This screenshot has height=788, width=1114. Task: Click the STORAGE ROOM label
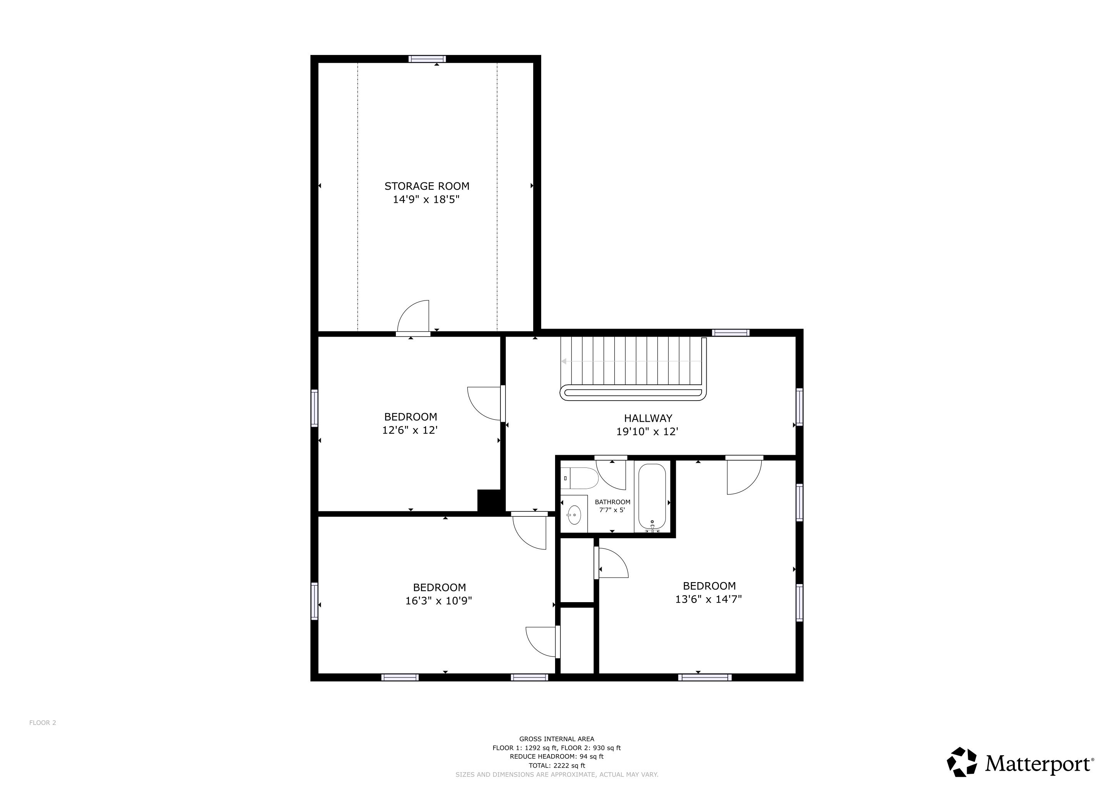click(427, 186)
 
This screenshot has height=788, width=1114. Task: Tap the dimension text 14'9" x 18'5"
click(425, 199)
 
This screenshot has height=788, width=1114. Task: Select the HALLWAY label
click(648, 418)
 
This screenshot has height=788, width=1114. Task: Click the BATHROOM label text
click(612, 502)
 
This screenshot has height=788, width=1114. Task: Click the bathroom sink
click(574, 514)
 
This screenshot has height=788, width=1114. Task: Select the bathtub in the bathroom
click(652, 496)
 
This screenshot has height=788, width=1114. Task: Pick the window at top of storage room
click(427, 59)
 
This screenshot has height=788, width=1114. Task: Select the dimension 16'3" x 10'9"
click(439, 601)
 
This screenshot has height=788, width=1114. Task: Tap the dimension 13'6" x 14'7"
click(709, 599)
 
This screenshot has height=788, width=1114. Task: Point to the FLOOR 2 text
click(43, 723)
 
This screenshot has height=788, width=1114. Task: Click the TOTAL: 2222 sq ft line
click(557, 766)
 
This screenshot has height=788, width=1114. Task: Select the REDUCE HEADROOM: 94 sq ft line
click(557, 756)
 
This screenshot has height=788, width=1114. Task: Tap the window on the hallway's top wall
click(731, 332)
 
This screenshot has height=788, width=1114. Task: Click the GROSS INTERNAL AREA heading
click(557, 739)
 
